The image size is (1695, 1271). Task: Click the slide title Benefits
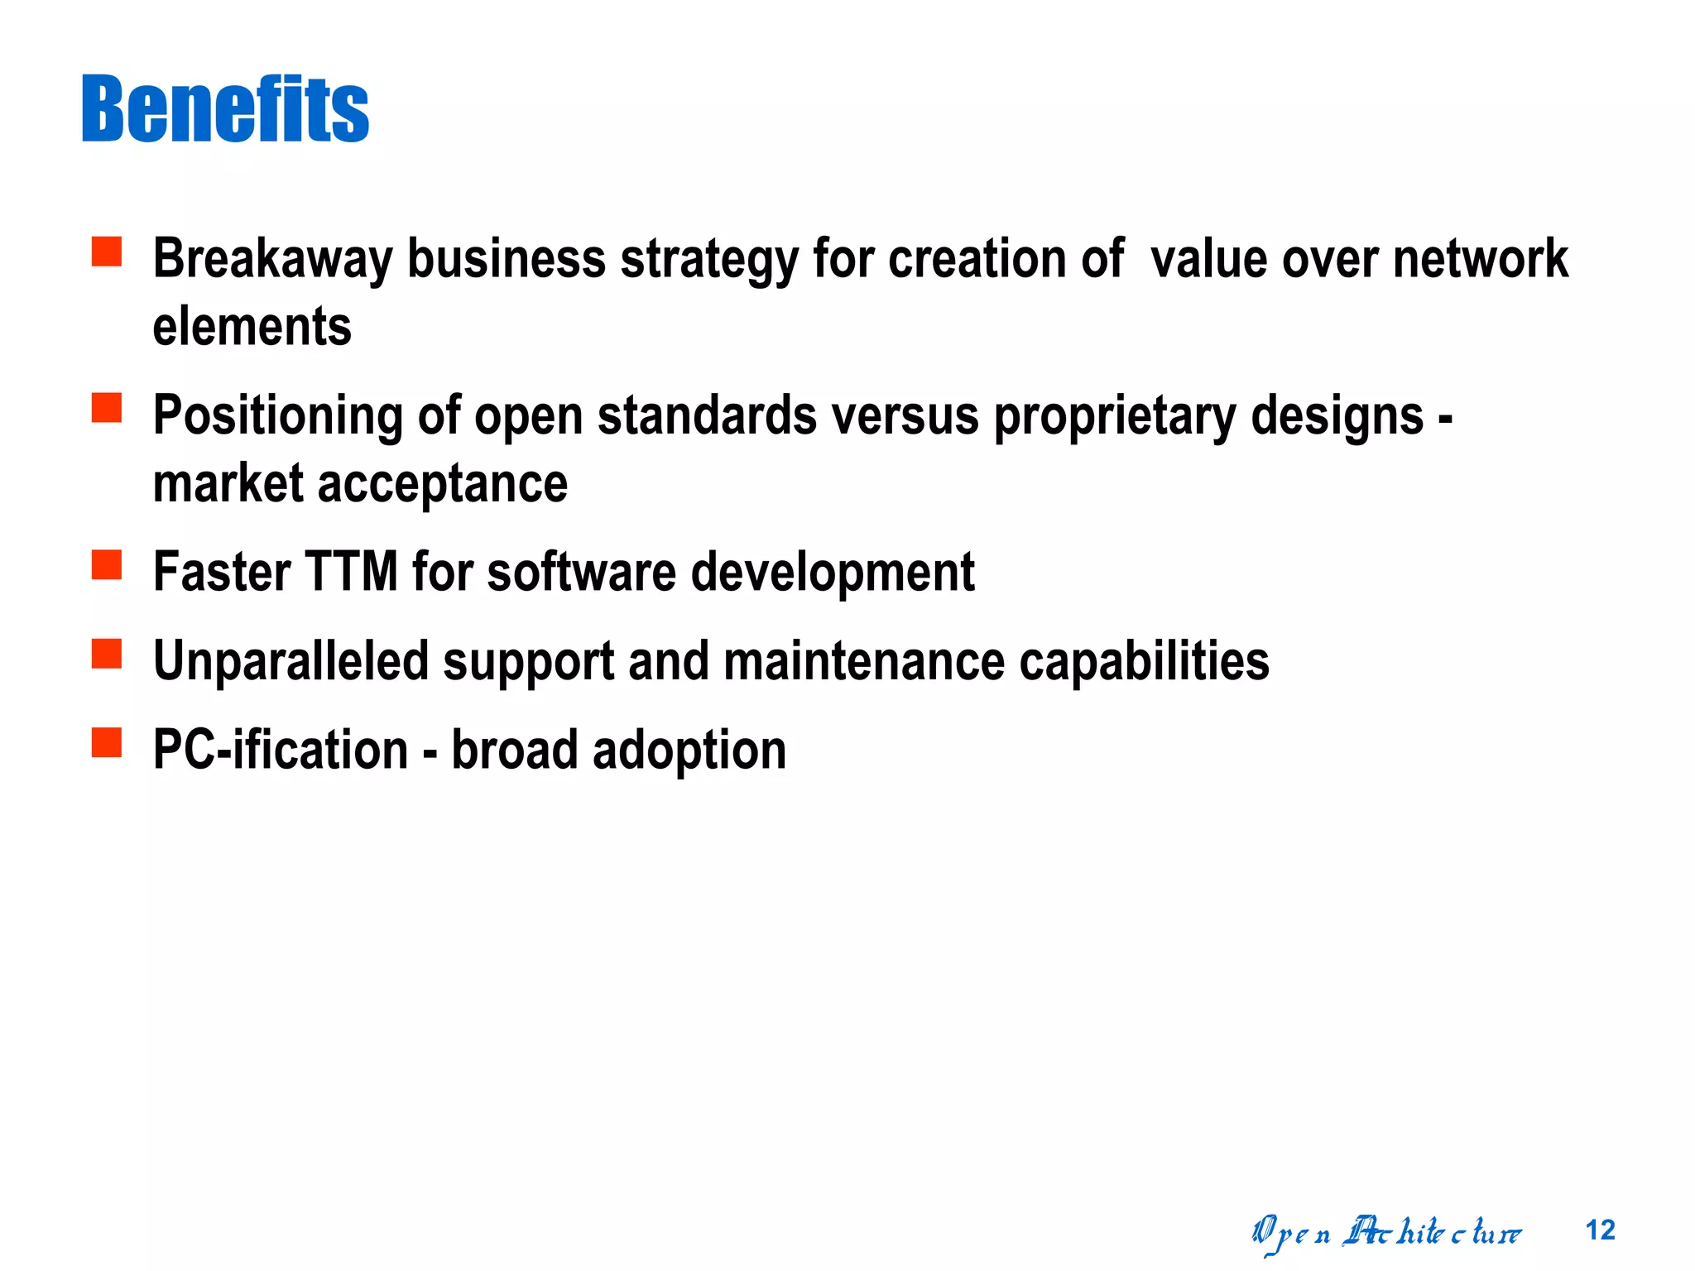click(x=225, y=109)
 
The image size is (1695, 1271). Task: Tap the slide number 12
click(x=1600, y=1230)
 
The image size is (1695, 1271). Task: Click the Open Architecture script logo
click(x=1385, y=1233)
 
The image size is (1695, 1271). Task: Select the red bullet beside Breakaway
click(x=107, y=252)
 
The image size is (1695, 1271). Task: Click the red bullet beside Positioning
click(x=107, y=408)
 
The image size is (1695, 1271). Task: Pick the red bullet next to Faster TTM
click(x=107, y=565)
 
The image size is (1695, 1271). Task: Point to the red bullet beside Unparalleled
click(x=107, y=654)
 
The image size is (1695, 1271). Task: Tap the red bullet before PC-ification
click(x=107, y=742)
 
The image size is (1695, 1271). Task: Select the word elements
click(x=252, y=326)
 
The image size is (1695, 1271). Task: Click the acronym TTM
click(x=352, y=572)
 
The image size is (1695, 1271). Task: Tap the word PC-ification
click(x=281, y=750)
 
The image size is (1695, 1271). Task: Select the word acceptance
click(x=443, y=483)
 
